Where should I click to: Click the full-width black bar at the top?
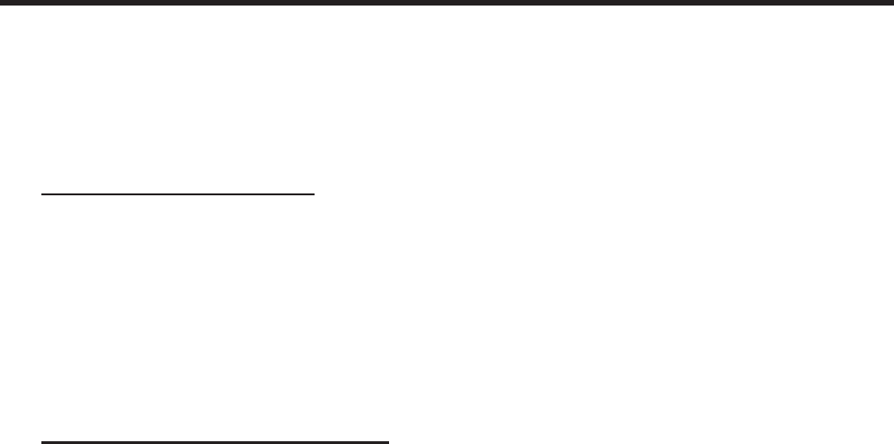[447, 3]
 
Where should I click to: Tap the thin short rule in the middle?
[178, 194]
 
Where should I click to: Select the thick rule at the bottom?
[215, 442]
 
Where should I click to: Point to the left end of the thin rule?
[42, 194]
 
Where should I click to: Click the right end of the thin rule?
[314, 194]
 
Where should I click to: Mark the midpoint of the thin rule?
[178, 194]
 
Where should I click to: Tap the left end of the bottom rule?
[42, 442]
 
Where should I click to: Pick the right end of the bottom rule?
[388, 442]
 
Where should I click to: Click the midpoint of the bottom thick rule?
[215, 442]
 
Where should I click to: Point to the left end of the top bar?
[2, 3]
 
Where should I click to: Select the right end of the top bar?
[891, 3]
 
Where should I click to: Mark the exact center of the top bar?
[447, 3]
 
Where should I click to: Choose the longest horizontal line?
[447, 3]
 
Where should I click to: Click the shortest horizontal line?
[178, 194]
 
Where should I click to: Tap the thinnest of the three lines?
[178, 194]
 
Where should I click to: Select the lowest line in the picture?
[215, 442]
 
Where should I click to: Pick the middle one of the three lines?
[178, 194]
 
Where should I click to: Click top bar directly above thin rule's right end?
[314, 3]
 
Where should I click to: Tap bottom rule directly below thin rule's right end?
[314, 442]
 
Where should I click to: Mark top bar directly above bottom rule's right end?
[388, 3]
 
